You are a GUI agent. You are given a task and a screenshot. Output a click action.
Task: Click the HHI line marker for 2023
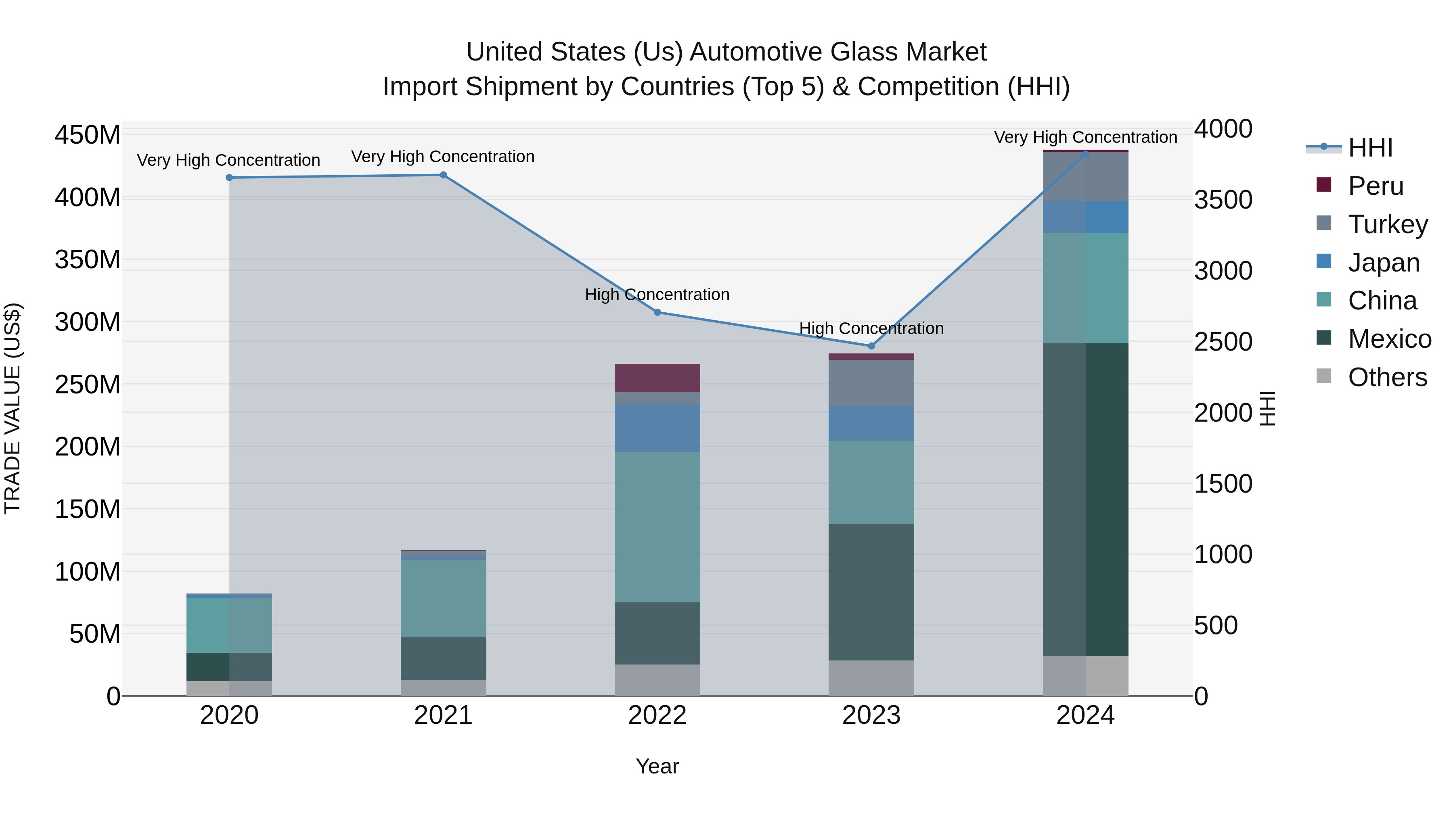pyautogui.click(x=871, y=346)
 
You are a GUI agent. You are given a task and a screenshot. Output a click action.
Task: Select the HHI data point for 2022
pyautogui.click(x=657, y=312)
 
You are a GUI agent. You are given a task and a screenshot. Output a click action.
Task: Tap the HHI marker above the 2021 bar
pyautogui.click(x=443, y=175)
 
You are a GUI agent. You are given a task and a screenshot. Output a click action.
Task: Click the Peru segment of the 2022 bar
pyautogui.click(x=657, y=378)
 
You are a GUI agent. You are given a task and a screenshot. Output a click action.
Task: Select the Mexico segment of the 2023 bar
pyautogui.click(x=871, y=592)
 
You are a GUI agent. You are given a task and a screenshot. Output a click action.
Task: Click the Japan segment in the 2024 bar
pyautogui.click(x=1085, y=217)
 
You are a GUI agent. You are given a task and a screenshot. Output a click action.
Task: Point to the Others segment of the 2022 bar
pyautogui.click(x=657, y=680)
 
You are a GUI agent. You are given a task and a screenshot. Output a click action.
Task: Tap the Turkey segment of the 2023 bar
pyautogui.click(x=871, y=382)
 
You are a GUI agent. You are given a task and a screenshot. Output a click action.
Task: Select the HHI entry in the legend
pyautogui.click(x=1369, y=148)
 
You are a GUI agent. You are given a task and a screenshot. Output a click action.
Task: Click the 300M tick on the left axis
pyautogui.click(x=88, y=322)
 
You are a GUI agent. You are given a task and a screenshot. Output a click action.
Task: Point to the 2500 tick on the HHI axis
pyautogui.click(x=1223, y=342)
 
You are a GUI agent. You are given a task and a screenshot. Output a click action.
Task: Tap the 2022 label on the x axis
pyautogui.click(x=657, y=715)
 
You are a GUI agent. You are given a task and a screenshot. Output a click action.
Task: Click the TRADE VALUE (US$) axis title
pyautogui.click(x=13, y=408)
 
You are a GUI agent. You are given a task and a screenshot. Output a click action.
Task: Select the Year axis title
pyautogui.click(x=657, y=766)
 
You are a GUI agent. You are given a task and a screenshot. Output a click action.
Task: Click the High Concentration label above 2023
pyautogui.click(x=871, y=328)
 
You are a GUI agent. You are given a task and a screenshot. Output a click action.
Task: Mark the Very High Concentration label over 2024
pyautogui.click(x=1085, y=137)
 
